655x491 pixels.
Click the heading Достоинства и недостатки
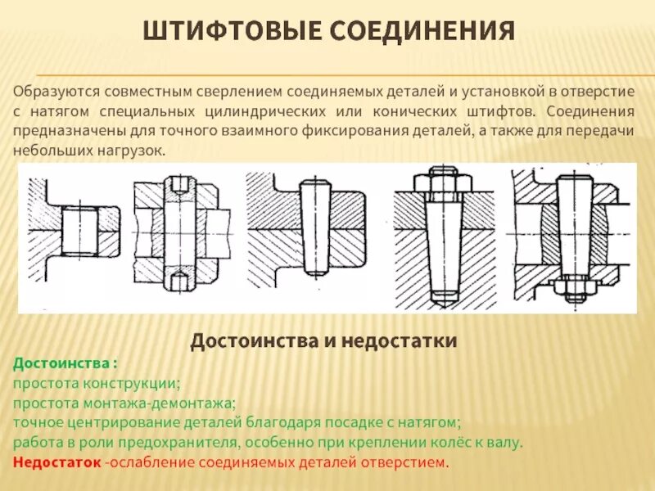[324, 340]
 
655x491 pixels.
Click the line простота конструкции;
[97, 382]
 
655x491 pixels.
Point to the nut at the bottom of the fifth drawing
[573, 287]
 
